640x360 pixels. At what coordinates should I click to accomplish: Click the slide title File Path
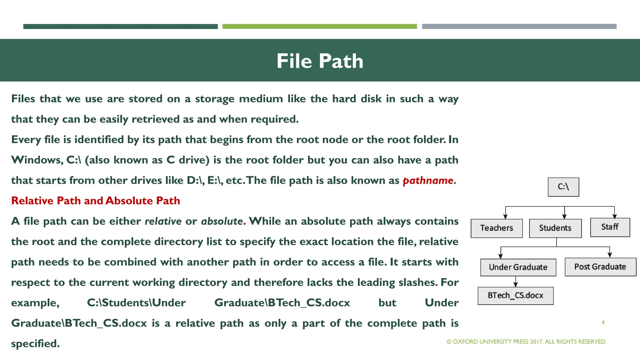320,61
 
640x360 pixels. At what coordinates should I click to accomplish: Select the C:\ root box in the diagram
563,187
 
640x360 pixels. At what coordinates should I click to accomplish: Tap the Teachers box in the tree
497,228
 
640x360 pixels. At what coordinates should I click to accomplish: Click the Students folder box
555,228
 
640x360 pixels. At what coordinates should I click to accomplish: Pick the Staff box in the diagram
610,227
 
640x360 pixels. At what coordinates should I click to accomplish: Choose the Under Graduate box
518,267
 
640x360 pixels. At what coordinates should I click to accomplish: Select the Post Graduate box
600,267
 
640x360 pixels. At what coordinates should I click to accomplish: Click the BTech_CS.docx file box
515,296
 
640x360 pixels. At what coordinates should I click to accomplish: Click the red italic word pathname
428,180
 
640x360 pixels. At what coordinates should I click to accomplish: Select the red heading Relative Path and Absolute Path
96,201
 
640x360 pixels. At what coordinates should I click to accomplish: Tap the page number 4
603,322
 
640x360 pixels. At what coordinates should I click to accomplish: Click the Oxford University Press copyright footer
527,342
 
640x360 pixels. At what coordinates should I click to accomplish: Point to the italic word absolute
222,221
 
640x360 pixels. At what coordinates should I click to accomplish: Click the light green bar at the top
319,27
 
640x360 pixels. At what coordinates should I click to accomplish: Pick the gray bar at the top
519,27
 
